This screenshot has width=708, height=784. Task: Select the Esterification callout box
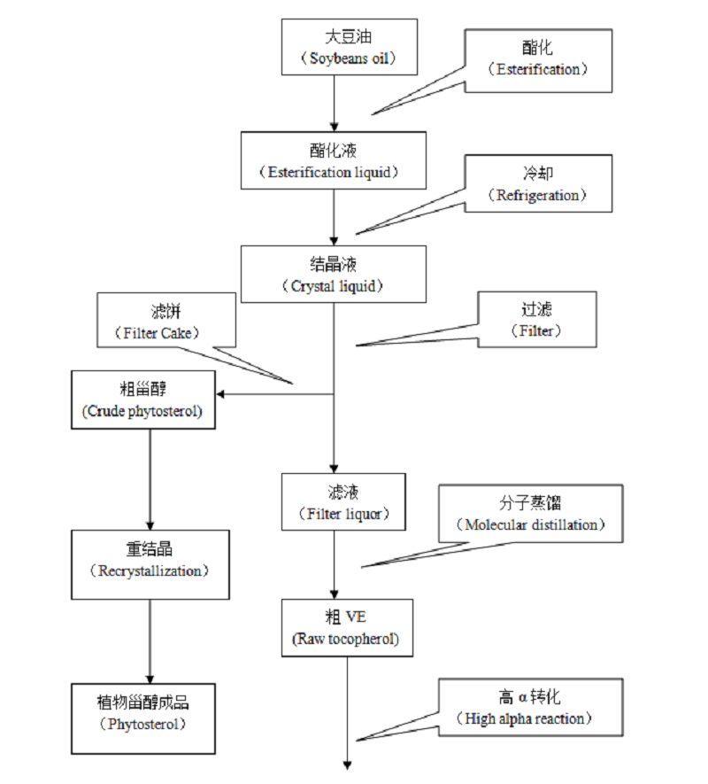pyautogui.click(x=538, y=60)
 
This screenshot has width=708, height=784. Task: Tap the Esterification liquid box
pyautogui.click(x=333, y=160)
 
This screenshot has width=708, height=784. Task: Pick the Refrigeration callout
pyautogui.click(x=538, y=184)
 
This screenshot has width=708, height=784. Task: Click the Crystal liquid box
pyautogui.click(x=333, y=275)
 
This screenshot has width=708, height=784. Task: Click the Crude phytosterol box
pyautogui.click(x=143, y=400)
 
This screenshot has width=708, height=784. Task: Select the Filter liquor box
pyautogui.click(x=333, y=502)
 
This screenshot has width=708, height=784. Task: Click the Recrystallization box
pyautogui.click(x=150, y=564)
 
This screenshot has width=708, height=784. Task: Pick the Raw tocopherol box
pyautogui.click(x=347, y=627)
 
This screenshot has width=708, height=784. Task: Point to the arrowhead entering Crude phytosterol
pyautogui.click(x=222, y=393)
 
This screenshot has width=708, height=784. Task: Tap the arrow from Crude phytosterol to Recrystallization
pyautogui.click(x=150, y=479)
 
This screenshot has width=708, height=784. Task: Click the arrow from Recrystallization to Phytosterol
pyautogui.click(x=150, y=640)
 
